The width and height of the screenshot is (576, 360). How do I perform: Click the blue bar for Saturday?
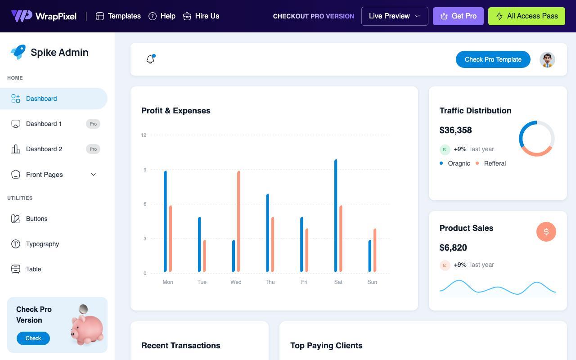coord(336,216)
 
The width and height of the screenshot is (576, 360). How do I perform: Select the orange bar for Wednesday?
coord(238,221)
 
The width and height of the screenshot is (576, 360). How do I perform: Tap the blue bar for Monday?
coord(165,221)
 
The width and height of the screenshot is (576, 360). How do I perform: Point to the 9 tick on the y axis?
coord(145,170)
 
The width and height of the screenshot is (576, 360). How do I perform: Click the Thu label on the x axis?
coord(270,282)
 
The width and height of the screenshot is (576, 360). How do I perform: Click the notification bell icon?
coord(150,59)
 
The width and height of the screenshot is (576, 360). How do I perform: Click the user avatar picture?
coord(547,59)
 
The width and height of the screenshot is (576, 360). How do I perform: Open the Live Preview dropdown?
coord(395,16)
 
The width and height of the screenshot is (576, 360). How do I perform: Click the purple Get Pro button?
coord(458,16)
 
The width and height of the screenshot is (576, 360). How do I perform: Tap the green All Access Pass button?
coord(526,16)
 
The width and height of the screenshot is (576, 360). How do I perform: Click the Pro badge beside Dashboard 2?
coord(93,149)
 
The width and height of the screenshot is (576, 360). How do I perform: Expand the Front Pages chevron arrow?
coord(93,175)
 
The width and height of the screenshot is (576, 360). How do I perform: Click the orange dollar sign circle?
coord(546,232)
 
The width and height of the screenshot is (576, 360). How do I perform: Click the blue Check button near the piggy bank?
coord(33,338)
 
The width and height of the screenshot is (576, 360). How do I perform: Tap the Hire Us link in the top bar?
coord(201,16)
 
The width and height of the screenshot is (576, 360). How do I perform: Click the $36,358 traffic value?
coord(455,130)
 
